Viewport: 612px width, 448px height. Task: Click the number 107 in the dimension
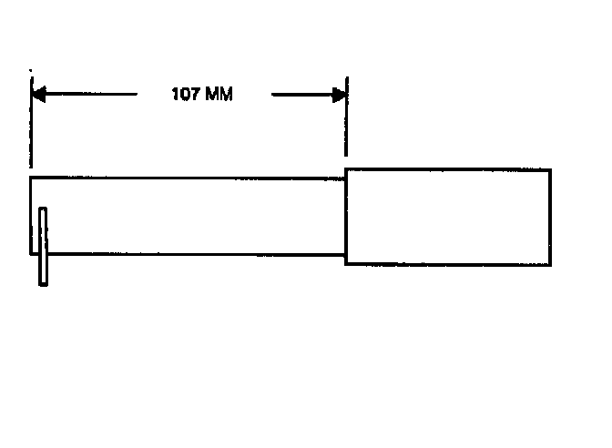coord(186,94)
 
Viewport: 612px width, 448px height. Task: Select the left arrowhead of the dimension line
coord(39,93)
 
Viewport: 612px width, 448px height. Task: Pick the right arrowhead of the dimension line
coord(339,93)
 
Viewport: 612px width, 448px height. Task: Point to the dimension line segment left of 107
coord(91,93)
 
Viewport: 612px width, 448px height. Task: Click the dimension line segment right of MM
coord(301,93)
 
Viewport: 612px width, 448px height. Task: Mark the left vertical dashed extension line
coord(31,127)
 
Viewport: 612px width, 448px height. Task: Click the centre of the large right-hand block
coord(448,217)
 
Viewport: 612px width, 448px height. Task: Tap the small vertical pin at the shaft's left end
coord(43,246)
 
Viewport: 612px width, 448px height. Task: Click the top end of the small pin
coord(43,211)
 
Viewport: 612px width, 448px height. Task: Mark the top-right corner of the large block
coord(550,169)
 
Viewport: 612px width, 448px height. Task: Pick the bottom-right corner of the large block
coord(550,264)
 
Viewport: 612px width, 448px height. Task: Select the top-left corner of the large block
coord(346,169)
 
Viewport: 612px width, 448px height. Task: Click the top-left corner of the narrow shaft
coord(31,178)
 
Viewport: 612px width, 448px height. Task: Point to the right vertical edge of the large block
coord(550,217)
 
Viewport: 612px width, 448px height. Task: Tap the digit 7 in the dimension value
coord(196,94)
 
